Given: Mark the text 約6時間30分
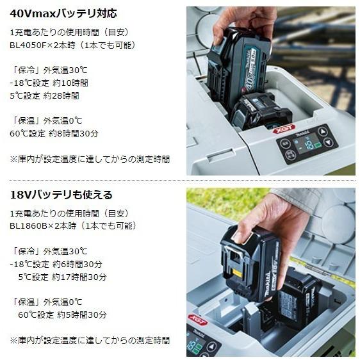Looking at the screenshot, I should point(80,264).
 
